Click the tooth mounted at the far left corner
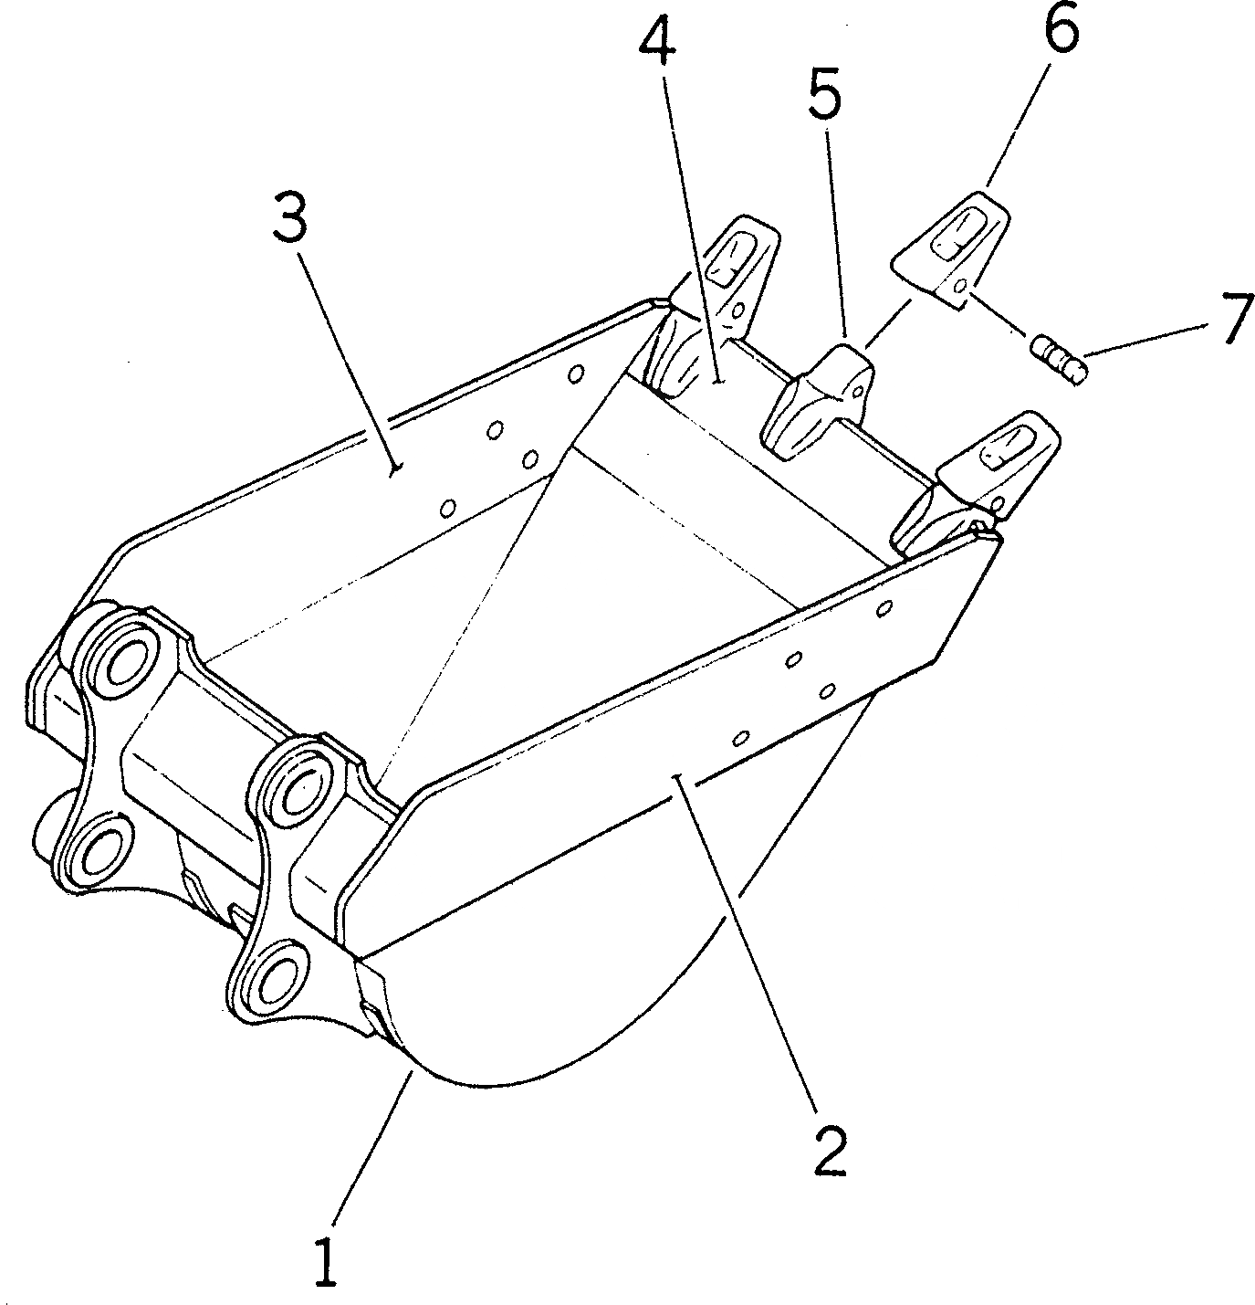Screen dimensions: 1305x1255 (721, 292)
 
